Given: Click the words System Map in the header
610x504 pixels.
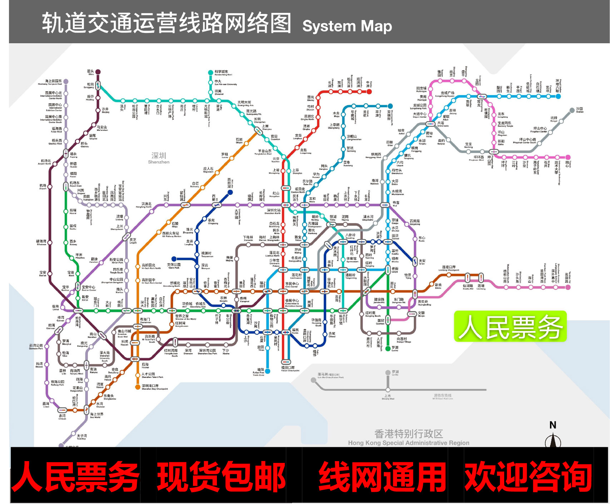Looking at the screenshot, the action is (347, 26).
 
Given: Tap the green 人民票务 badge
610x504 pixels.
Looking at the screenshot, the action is (510, 326).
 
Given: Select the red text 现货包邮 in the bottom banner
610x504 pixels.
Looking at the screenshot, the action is (221, 476).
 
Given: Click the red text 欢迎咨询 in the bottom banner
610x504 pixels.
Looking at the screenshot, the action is (528, 476).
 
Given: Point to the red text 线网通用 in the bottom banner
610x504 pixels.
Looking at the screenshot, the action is (382, 476).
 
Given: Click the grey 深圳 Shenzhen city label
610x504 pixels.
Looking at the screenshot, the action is (159, 158).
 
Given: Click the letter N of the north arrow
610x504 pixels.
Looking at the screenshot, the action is (553, 425).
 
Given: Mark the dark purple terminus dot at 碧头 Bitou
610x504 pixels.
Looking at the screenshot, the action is (98, 72).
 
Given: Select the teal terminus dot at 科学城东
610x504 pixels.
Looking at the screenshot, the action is (211, 73).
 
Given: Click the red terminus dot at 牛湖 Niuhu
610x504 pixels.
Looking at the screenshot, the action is (369, 92).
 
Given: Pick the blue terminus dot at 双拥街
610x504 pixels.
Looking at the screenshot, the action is (390, 106).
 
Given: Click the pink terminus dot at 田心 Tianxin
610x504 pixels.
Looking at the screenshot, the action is (568, 157).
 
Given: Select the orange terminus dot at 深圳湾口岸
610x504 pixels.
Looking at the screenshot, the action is (138, 387).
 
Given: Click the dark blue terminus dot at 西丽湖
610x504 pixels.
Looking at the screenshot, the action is (230, 192).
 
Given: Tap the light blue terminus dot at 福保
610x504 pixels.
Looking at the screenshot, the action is (268, 371).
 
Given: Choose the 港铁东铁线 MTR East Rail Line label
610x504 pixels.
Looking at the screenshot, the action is (443, 396).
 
